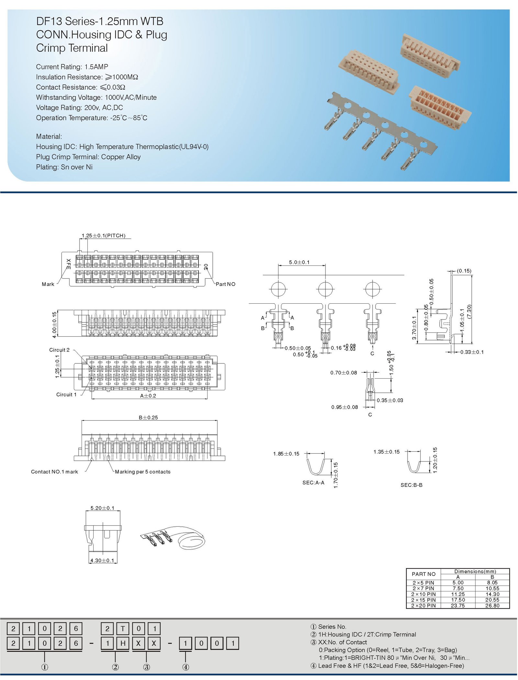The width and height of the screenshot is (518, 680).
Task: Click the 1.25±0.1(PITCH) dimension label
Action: pyautogui.click(x=103, y=235)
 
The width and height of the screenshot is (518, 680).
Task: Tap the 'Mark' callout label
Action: pyautogui.click(x=48, y=284)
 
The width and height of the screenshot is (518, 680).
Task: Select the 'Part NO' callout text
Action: pyautogui.click(x=225, y=284)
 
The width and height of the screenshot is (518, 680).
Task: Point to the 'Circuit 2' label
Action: pyautogui.click(x=59, y=350)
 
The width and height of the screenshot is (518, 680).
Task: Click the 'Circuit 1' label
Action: pyautogui.click(x=66, y=394)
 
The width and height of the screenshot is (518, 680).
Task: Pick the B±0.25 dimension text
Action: pyautogui.click(x=148, y=417)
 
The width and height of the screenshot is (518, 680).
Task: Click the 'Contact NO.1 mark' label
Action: pyautogui.click(x=54, y=472)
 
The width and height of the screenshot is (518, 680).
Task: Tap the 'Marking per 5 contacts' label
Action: pyautogui.click(x=142, y=472)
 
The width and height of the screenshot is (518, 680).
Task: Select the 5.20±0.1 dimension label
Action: pyautogui.click(x=102, y=508)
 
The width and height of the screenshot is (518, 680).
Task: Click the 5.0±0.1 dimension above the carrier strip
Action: pyautogui.click(x=299, y=262)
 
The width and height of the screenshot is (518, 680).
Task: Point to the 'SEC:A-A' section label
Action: pyautogui.click(x=313, y=483)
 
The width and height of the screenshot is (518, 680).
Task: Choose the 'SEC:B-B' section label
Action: pyautogui.click(x=411, y=485)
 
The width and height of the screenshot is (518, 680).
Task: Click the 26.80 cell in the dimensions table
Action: pyautogui.click(x=492, y=606)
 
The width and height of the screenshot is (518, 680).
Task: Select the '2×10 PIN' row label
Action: pyautogui.click(x=423, y=594)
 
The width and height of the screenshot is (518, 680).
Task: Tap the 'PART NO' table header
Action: pyautogui.click(x=423, y=574)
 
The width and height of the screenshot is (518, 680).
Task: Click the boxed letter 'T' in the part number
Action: pyautogui.click(x=123, y=629)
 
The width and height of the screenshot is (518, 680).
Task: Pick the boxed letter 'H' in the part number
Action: pyautogui.click(x=123, y=643)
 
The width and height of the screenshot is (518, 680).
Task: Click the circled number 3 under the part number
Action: pyautogui.click(x=146, y=667)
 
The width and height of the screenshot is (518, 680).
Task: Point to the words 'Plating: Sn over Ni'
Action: pyautogui.click(x=64, y=167)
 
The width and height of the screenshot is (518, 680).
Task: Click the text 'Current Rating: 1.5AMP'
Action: pyautogui.click(x=72, y=67)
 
